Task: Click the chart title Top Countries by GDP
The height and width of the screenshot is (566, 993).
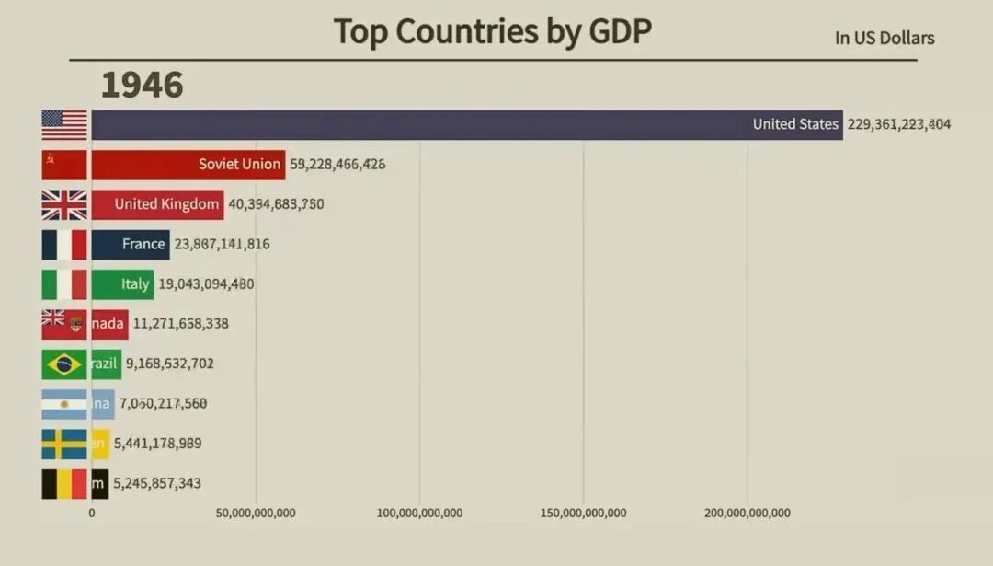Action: click(x=492, y=31)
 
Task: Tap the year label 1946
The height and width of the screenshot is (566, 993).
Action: click(x=142, y=85)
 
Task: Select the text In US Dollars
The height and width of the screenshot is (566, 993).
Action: click(x=884, y=38)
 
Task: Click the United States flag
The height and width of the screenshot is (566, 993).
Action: click(x=64, y=124)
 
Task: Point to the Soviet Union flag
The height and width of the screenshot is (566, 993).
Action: click(x=64, y=165)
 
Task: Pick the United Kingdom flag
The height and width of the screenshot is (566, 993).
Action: click(x=64, y=204)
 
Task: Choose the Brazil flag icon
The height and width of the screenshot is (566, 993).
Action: click(x=64, y=364)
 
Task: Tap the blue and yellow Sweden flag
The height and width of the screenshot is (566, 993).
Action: click(x=64, y=444)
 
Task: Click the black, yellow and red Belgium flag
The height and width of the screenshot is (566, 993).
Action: click(x=64, y=483)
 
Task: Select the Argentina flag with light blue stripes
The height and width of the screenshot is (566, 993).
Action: click(x=64, y=403)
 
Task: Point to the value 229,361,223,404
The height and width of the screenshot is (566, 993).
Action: click(x=898, y=124)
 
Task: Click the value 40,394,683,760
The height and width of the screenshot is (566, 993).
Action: click(x=275, y=204)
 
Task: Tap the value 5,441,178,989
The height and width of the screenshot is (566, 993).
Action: click(x=157, y=444)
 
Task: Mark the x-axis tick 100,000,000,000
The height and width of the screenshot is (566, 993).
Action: click(x=419, y=513)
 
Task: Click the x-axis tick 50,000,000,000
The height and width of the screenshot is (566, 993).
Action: click(x=256, y=513)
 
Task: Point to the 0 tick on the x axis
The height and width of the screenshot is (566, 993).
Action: click(x=91, y=513)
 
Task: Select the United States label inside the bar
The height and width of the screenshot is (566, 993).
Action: click(x=795, y=124)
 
